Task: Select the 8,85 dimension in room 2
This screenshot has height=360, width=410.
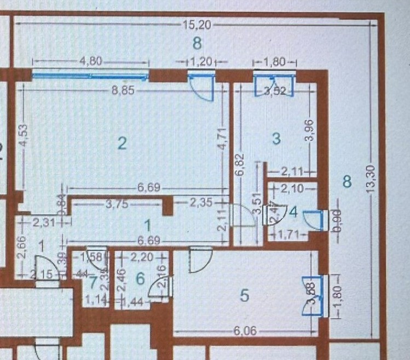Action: tap(123, 92)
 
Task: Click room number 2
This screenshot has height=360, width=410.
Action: tap(122, 144)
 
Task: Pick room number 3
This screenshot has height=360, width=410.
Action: tap(276, 139)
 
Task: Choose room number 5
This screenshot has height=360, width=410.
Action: tap(245, 296)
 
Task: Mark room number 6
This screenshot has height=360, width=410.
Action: tap(140, 279)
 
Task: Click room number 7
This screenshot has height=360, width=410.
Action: tap(94, 283)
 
